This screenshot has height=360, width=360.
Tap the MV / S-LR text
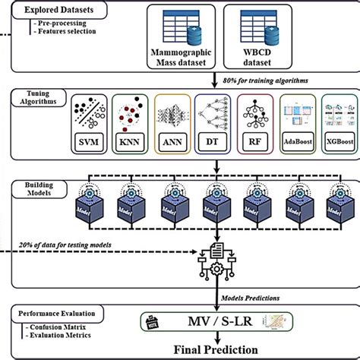[216, 324]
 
